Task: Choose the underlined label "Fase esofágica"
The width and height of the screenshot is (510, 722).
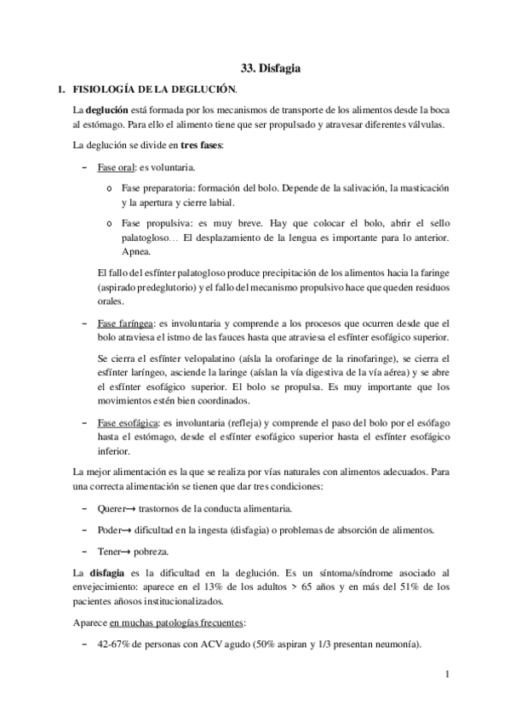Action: (x=129, y=422)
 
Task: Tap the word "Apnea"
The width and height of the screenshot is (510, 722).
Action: (x=137, y=253)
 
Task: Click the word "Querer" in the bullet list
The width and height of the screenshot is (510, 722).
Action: (x=116, y=508)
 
